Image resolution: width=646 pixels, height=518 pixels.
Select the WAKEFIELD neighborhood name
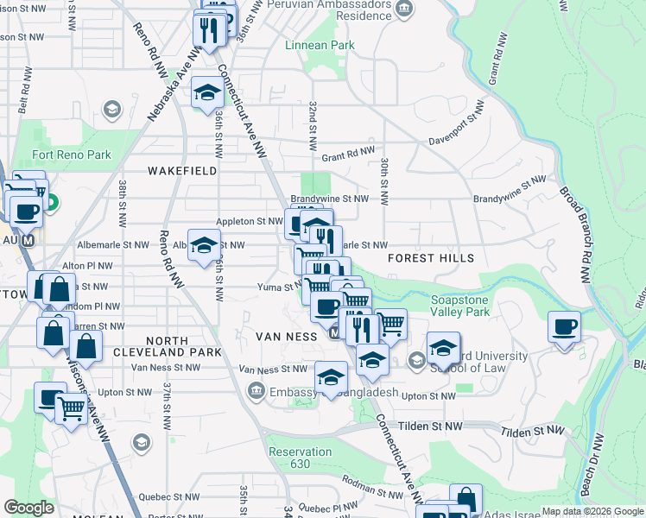pos(181,171)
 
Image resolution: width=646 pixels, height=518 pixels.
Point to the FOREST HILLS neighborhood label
pos(431,258)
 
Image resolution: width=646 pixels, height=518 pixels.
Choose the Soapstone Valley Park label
pos(460,306)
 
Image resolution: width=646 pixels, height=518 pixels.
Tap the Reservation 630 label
pos(300,458)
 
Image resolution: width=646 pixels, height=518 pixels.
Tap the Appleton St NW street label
pos(250,222)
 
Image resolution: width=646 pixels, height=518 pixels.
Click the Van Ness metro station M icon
pos(334,332)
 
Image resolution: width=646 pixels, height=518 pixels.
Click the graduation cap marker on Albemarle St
pos(204,244)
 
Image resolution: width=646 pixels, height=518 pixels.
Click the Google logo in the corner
pos(28,508)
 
